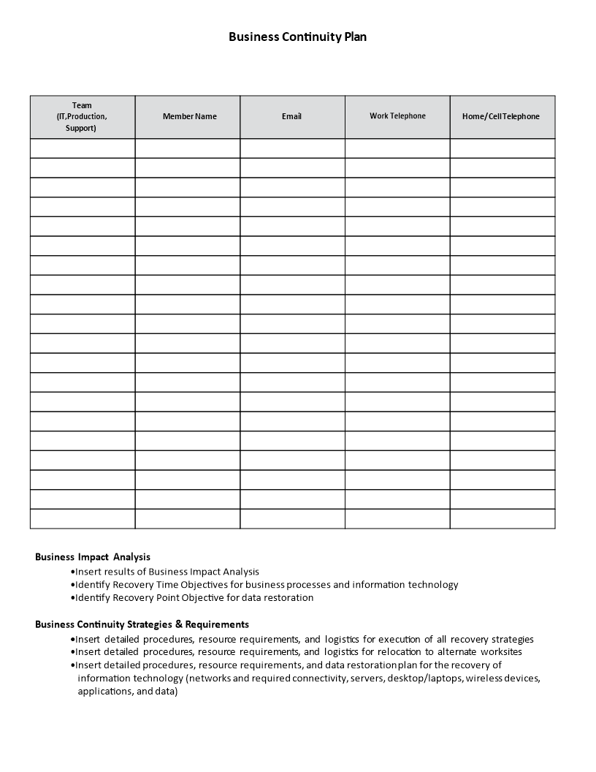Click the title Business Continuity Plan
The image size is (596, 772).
pyautogui.click(x=297, y=37)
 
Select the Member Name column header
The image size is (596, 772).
pyautogui.click(x=189, y=116)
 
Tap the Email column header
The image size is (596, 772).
pyautogui.click(x=291, y=116)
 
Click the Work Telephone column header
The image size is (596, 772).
pyautogui.click(x=397, y=116)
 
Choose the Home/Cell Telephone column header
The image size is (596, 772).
pyautogui.click(x=501, y=116)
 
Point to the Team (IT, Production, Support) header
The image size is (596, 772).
pyautogui.click(x=82, y=116)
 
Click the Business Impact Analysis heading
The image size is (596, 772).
pyautogui.click(x=93, y=557)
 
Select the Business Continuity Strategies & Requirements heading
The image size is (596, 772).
pyautogui.click(x=142, y=624)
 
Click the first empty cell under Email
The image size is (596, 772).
pyautogui.click(x=292, y=148)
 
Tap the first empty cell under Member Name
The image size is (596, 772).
pyautogui.click(x=188, y=148)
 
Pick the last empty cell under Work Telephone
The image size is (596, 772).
pyautogui.click(x=397, y=518)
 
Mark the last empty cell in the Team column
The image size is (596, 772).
pyautogui.click(x=83, y=518)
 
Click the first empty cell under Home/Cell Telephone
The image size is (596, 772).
pyautogui.click(x=503, y=148)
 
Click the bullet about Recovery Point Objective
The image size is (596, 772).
pyautogui.click(x=194, y=598)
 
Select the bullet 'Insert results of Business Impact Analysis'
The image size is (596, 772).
pyautogui.click(x=167, y=572)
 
